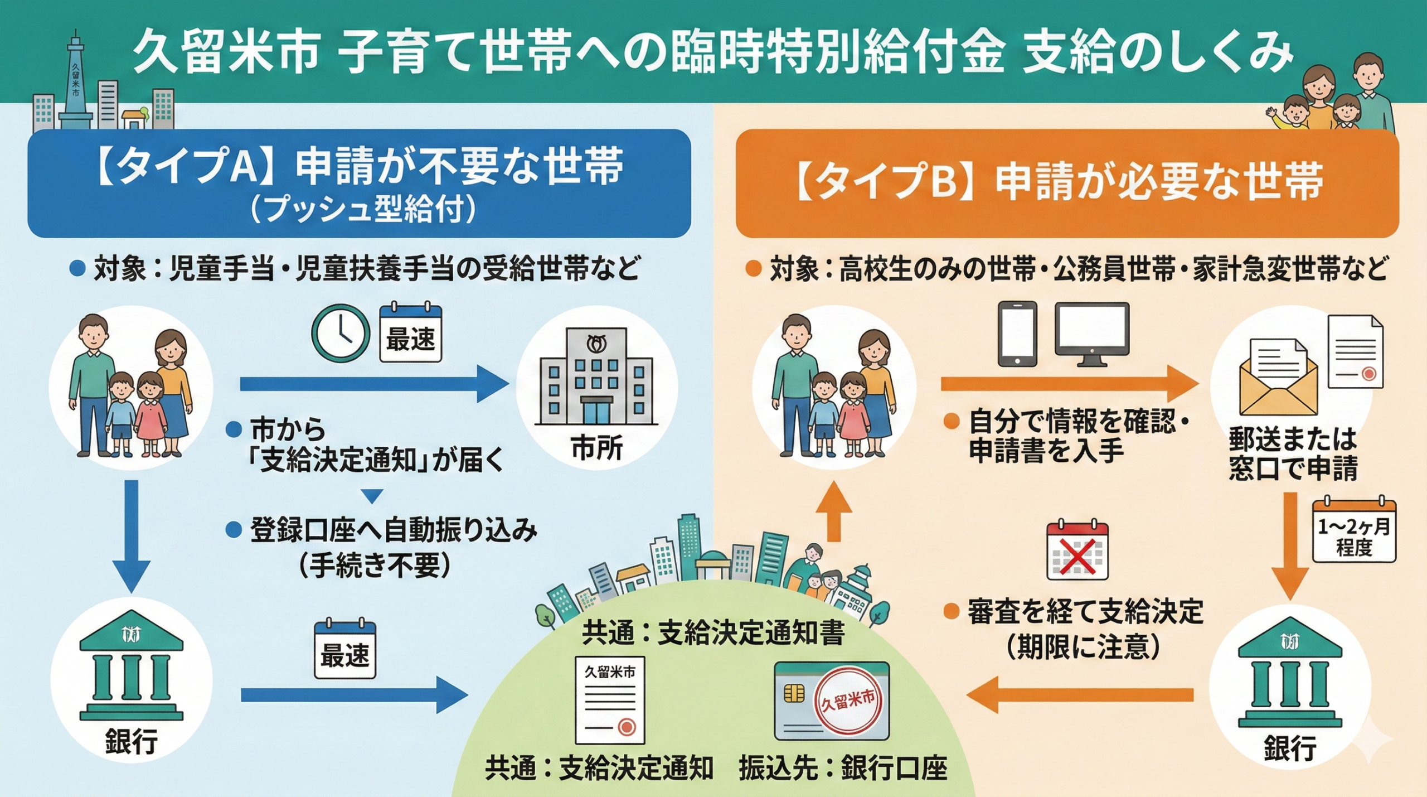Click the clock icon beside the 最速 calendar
(x=340, y=333)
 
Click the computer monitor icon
(x=1092, y=334)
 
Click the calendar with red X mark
(x=1077, y=551)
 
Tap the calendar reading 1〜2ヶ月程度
(x=1354, y=530)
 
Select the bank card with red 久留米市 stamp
(x=832, y=701)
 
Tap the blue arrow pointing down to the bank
(x=132, y=535)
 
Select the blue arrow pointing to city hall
(x=373, y=384)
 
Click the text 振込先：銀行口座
(x=843, y=769)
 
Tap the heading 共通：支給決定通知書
(x=713, y=633)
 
